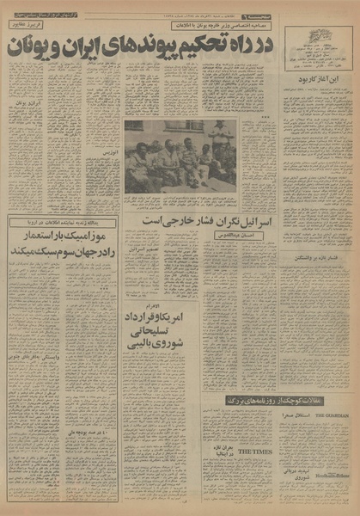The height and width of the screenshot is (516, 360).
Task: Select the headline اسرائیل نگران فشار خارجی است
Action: (x=205, y=222)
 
